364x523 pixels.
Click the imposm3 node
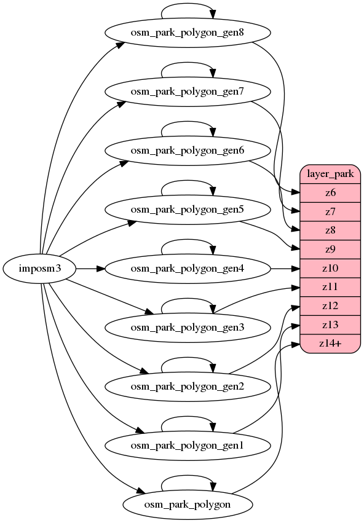(39, 269)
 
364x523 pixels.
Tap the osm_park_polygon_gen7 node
(188, 92)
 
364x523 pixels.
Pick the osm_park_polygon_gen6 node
(188, 151)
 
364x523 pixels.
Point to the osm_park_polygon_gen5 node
(188, 210)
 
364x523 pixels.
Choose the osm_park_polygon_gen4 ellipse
(188, 269)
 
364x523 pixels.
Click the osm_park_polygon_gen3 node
(188, 328)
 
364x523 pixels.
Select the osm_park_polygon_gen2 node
(188, 387)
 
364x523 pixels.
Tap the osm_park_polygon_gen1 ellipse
(188, 446)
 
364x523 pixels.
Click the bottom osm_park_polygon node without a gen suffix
(188, 505)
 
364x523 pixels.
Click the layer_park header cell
(330, 174)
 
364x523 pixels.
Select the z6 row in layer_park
(330, 193)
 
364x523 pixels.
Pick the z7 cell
(330, 211)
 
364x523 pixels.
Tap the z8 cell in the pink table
(330, 230)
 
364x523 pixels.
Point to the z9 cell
(330, 250)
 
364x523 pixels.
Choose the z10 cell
(330, 269)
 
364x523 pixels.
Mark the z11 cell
(330, 287)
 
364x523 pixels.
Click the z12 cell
(330, 306)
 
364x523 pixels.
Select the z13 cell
(330, 324)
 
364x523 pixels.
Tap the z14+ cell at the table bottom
(330, 344)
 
